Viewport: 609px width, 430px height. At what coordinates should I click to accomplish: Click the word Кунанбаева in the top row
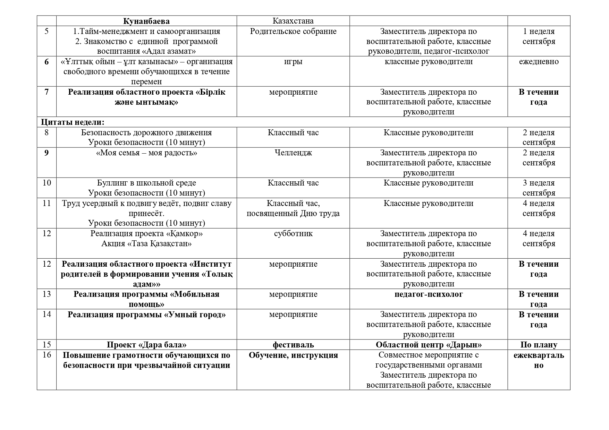[x=146, y=21]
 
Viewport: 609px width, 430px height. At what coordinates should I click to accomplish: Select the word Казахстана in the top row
[x=293, y=21]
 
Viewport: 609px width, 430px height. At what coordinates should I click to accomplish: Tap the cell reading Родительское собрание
[x=293, y=32]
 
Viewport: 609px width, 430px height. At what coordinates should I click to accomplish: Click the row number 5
[x=46, y=32]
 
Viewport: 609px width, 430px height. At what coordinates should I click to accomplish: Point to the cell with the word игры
[x=293, y=62]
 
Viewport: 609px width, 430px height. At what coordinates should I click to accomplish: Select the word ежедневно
[x=539, y=62]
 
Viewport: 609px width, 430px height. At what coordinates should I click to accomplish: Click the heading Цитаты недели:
[x=73, y=122]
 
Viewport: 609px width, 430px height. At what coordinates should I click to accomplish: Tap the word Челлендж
[x=293, y=153]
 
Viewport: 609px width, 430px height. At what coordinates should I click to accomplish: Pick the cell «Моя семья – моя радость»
[x=146, y=153]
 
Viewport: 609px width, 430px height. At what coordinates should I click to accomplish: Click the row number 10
[x=46, y=183]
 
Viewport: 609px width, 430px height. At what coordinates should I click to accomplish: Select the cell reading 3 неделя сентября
[x=539, y=188]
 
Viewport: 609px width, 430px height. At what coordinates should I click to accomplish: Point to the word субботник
[x=293, y=234]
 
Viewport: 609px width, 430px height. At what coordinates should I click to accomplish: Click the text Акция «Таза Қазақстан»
[x=146, y=244]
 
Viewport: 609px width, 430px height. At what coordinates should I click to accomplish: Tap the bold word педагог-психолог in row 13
[x=428, y=294]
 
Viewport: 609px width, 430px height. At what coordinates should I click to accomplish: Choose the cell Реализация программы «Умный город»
[x=146, y=315]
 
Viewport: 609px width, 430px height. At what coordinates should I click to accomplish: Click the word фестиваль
[x=293, y=345]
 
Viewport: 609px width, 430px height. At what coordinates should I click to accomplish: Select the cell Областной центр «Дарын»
[x=428, y=345]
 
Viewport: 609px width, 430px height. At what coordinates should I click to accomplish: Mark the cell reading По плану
[x=539, y=345]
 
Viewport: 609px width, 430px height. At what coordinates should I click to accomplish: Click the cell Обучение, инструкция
[x=293, y=355]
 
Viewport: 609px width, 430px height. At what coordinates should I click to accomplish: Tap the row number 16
[x=46, y=355]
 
